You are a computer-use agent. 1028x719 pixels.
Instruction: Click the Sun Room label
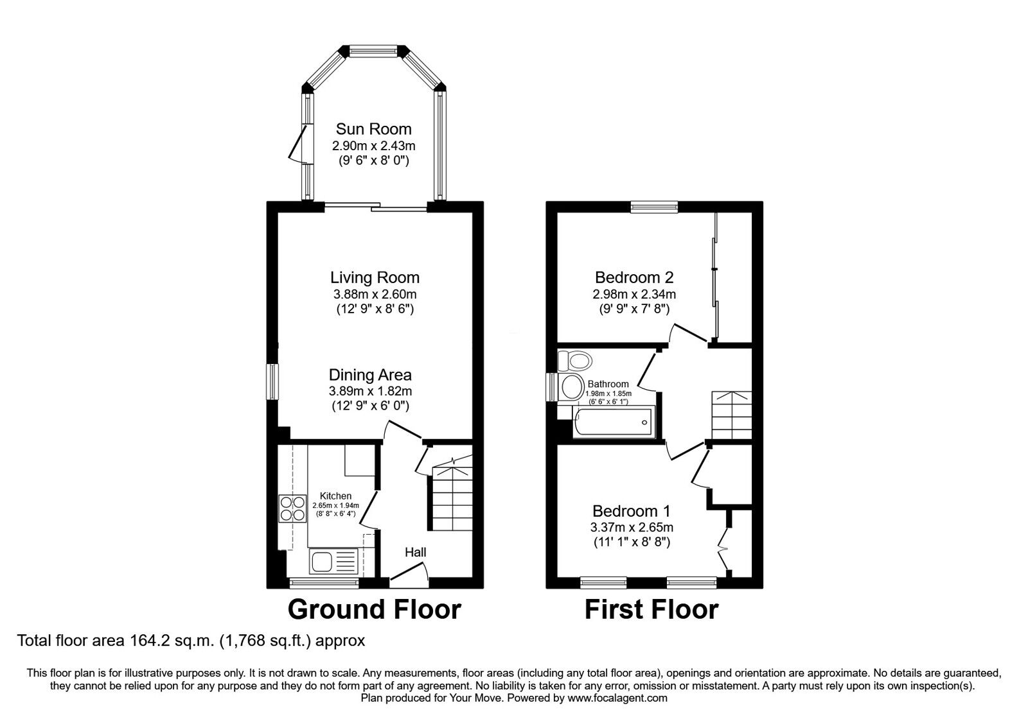(x=373, y=129)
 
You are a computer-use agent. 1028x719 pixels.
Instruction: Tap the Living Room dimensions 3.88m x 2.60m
(x=375, y=295)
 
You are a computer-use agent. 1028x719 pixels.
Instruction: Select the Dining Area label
(x=370, y=375)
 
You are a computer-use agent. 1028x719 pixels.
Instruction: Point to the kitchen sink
(x=333, y=562)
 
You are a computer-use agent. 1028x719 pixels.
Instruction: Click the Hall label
(x=415, y=552)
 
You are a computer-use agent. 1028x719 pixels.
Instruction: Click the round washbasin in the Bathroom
(x=571, y=387)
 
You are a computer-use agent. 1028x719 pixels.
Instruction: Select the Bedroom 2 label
(x=634, y=278)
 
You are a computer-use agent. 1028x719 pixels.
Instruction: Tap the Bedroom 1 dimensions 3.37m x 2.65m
(x=632, y=528)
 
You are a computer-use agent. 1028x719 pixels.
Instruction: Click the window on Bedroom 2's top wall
(x=654, y=207)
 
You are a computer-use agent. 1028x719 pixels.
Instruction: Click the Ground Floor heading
(x=375, y=609)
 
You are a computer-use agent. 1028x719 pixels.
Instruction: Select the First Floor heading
(x=651, y=609)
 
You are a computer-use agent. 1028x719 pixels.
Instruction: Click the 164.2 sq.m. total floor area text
(x=191, y=640)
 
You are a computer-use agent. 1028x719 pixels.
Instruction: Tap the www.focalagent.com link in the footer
(x=617, y=698)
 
